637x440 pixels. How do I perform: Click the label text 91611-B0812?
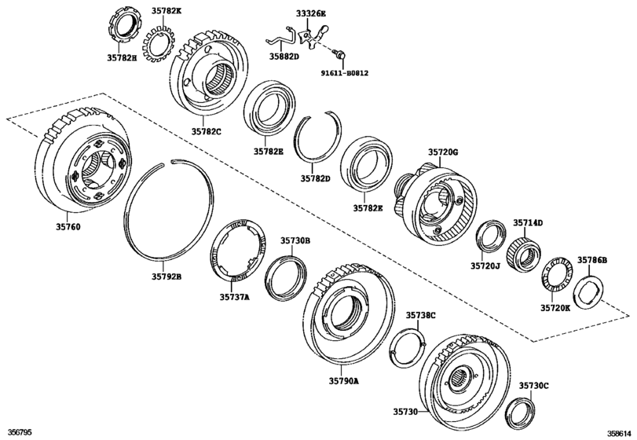343,73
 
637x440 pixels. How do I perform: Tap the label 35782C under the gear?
205,132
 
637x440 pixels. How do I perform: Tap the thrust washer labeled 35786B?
590,288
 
